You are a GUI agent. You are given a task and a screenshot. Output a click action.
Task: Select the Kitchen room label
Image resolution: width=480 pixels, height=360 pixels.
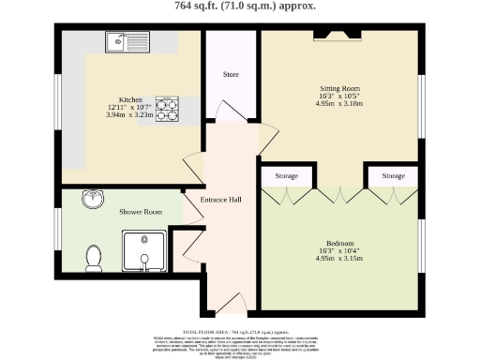tap(130, 98)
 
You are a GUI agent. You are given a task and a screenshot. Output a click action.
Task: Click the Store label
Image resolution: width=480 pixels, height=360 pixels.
tap(232, 73)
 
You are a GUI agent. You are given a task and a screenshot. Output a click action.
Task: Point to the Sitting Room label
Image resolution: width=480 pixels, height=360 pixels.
tap(339, 89)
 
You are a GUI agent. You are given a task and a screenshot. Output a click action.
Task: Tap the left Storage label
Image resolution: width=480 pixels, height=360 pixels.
tap(287, 175)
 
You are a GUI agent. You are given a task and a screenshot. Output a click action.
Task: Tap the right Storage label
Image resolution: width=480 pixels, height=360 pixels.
tap(393, 175)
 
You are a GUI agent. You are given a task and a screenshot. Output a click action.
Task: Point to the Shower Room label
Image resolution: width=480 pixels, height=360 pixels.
tap(140, 212)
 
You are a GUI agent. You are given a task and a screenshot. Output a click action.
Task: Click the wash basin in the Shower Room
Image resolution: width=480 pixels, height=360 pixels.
tap(93, 200)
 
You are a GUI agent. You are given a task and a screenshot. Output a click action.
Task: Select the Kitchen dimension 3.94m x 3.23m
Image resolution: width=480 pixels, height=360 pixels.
tap(130, 114)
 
